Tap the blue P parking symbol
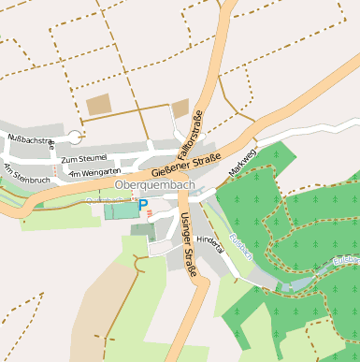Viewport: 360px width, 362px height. (x=143, y=204)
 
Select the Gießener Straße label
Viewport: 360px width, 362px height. (x=185, y=164)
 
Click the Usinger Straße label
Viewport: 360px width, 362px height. (x=186, y=244)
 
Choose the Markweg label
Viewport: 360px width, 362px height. (x=242, y=163)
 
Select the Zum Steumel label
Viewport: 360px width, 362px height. (x=84, y=159)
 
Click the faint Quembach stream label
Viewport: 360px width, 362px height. (x=108, y=199)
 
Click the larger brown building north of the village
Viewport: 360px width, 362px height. (x=98, y=105)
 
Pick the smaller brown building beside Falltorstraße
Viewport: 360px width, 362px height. (x=180, y=109)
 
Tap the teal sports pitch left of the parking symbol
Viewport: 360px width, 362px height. (x=120, y=210)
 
